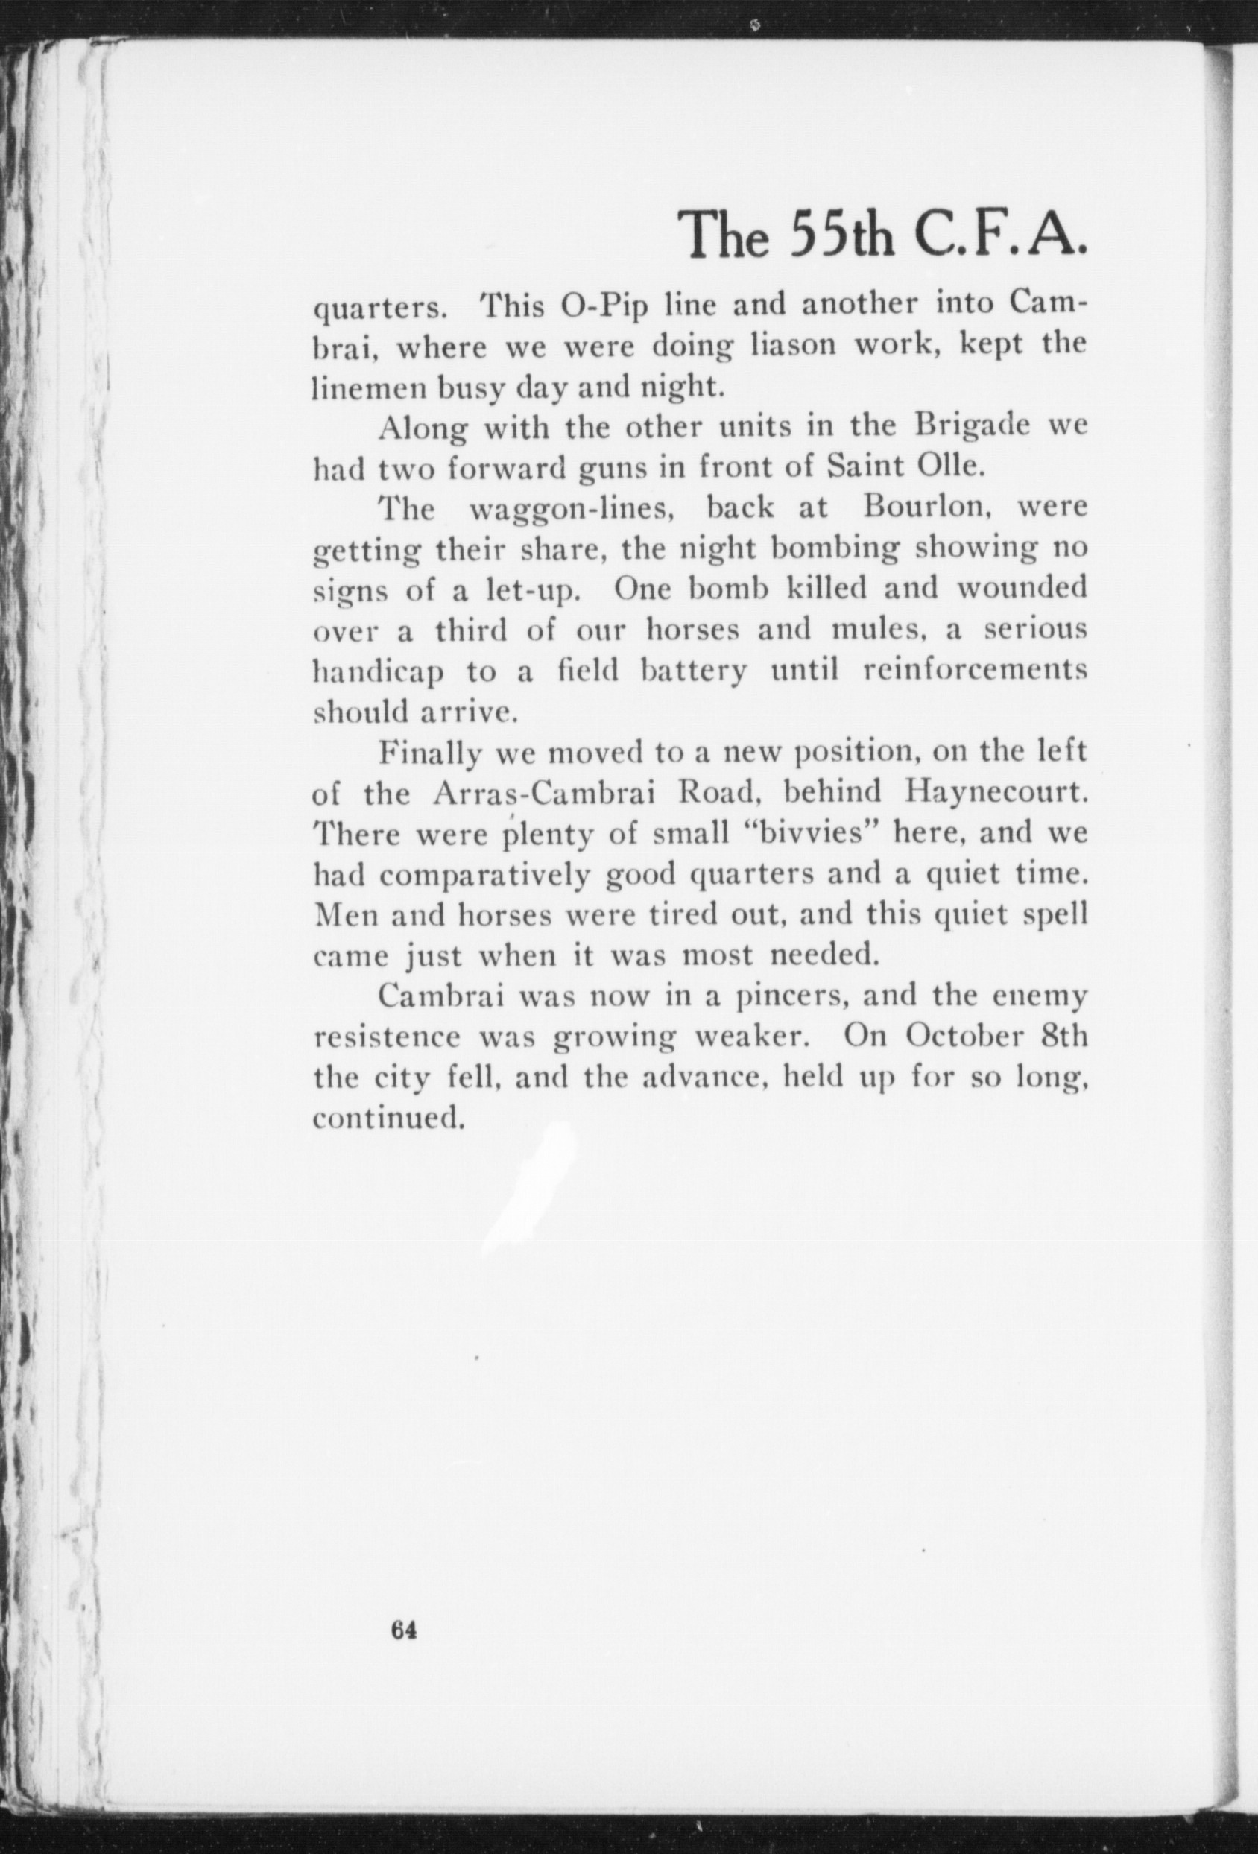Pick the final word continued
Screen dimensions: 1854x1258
(388, 1119)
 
